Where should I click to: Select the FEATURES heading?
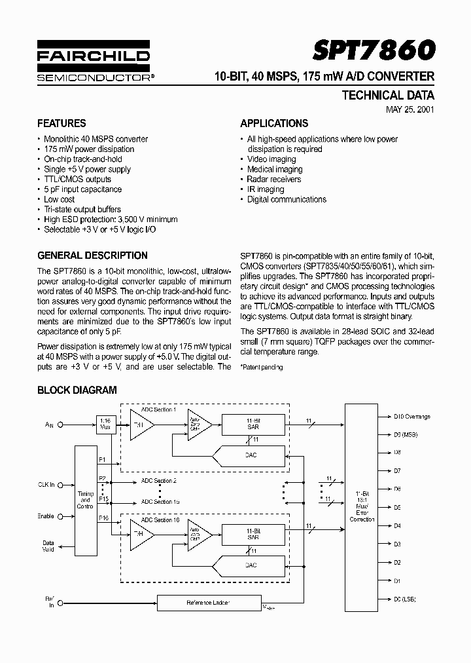[x=61, y=123]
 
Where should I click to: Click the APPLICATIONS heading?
[x=274, y=123]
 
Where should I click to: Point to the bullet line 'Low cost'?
[x=59, y=199]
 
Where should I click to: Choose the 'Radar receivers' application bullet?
[x=273, y=179]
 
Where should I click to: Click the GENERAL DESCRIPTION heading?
[x=92, y=256]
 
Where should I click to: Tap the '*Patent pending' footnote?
[x=261, y=367]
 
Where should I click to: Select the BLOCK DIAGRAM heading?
[x=77, y=390]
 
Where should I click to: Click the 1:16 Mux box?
[x=105, y=425]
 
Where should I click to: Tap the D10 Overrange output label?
[x=411, y=416]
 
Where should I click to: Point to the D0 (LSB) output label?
[x=405, y=599]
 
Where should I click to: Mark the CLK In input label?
[x=46, y=485]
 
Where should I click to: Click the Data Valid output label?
[x=48, y=546]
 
